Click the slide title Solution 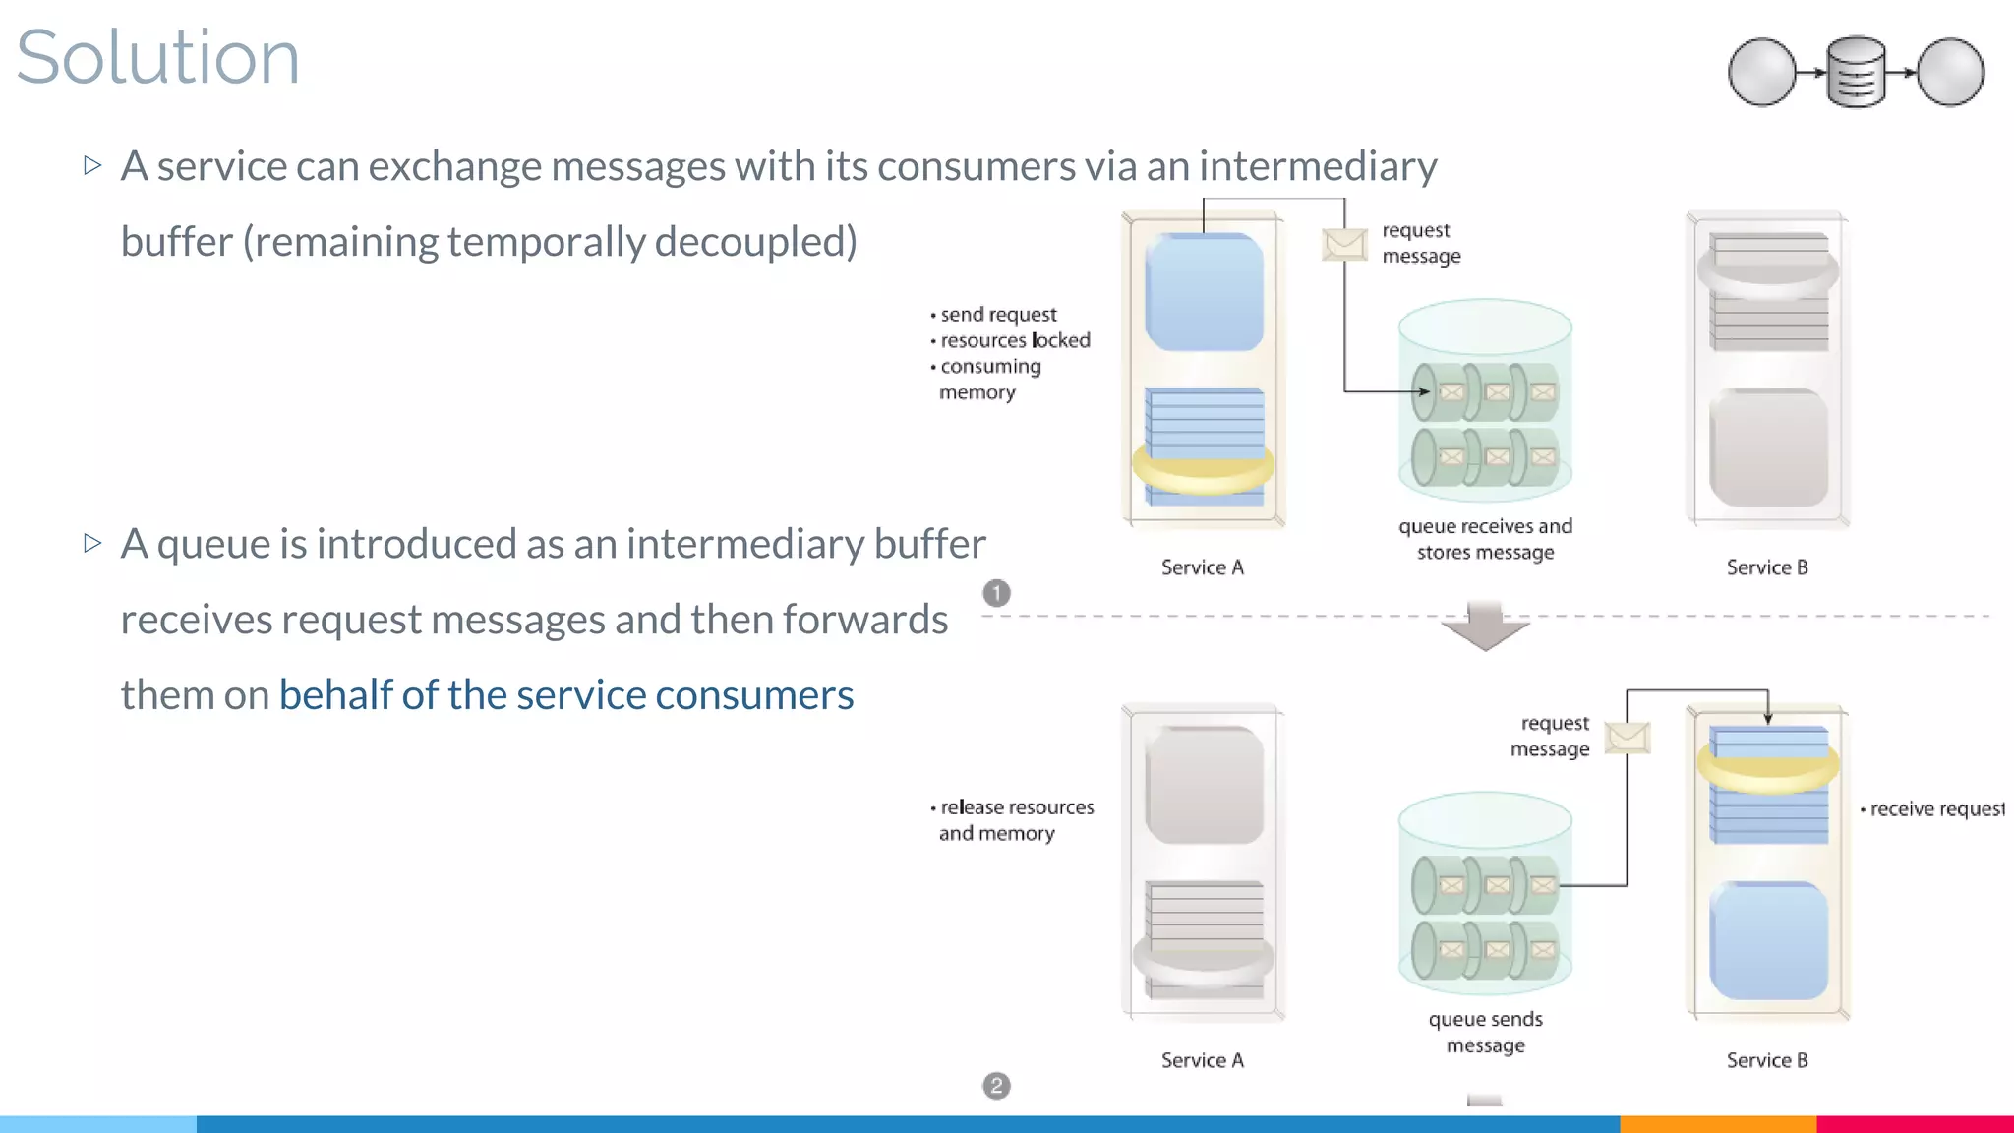[157, 57]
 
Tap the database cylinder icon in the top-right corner [1856, 72]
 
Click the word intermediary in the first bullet [1318, 166]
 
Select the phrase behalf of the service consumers [566, 695]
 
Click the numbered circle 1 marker [996, 593]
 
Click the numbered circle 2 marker [996, 1086]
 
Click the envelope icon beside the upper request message [1344, 244]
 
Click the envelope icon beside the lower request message [1628, 737]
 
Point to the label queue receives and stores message [1485, 539]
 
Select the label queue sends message [1485, 1032]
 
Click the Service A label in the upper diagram [1202, 567]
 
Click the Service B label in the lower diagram [1767, 1060]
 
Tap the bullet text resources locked [1015, 340]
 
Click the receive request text [1935, 809]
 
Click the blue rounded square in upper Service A [1204, 292]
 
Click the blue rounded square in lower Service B [1768, 941]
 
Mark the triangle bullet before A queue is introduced [92, 543]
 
